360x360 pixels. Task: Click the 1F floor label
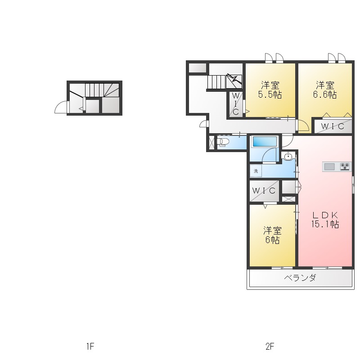coord(90,346)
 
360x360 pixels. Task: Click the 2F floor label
coord(270,346)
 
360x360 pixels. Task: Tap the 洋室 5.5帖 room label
coord(270,90)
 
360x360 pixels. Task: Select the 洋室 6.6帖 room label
coord(325,90)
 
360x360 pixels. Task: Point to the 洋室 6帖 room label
coord(272,235)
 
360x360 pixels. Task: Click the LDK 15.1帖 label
coord(325,220)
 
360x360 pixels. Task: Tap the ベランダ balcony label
coord(300,278)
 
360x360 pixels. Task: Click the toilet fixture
coord(223,142)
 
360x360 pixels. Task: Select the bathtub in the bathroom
coord(265,141)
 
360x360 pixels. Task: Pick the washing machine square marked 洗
coord(256,171)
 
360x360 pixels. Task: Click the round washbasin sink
coord(288,156)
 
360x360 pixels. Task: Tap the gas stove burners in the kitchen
coord(345,166)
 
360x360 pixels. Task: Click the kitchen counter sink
coord(329,166)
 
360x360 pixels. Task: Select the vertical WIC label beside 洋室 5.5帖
coord(235,104)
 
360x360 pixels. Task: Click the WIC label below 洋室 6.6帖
coord(333,126)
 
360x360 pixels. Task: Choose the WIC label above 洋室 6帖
coord(264,190)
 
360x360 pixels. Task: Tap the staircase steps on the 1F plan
coord(102,90)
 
